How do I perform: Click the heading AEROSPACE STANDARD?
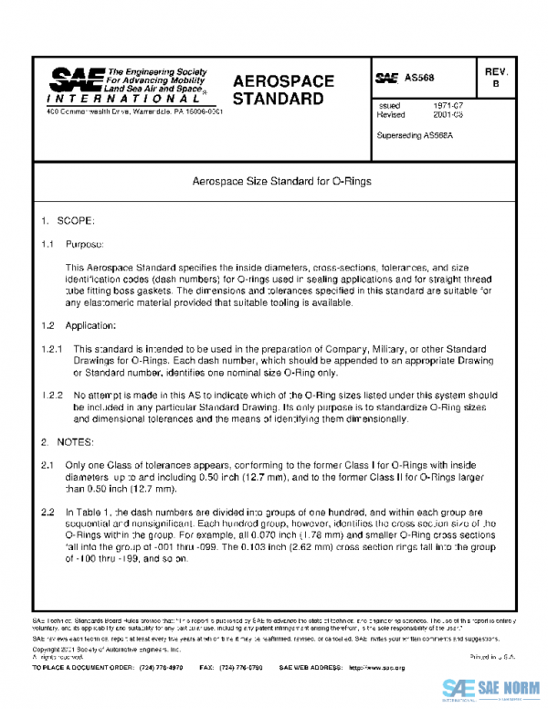point(284,89)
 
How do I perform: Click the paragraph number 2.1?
point(47,465)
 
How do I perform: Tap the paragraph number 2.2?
point(47,513)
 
